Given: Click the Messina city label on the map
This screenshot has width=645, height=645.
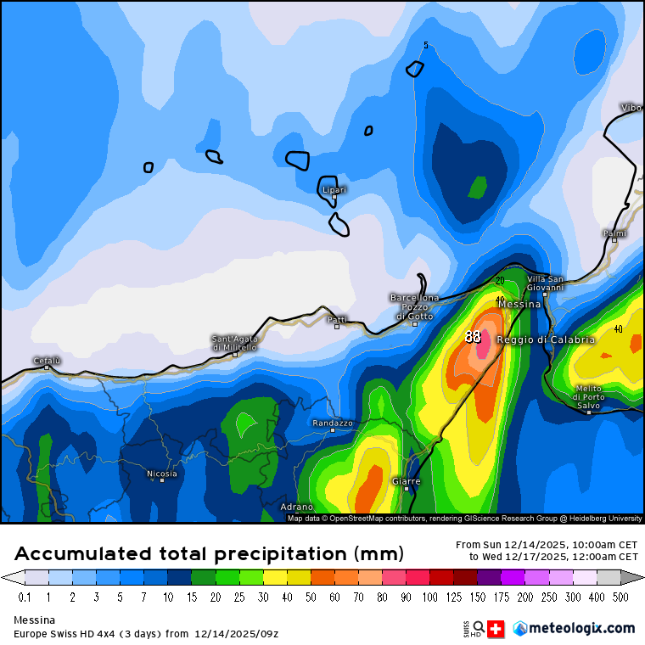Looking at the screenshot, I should tap(519, 304).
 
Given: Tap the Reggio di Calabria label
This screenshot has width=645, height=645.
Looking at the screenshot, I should tap(546, 339).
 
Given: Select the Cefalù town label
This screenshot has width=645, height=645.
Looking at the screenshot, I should tap(47, 361).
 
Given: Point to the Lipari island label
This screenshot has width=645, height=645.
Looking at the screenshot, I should tap(334, 190).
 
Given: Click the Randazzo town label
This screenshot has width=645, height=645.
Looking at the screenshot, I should tap(333, 423).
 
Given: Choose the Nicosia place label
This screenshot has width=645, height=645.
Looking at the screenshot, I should tap(162, 474).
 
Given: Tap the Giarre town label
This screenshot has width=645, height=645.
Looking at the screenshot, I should tap(406, 481).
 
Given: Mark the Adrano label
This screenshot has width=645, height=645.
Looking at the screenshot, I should tap(296, 507).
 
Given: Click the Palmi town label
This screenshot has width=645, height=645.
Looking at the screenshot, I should tap(614, 233).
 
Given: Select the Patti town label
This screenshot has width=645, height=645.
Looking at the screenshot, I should tap(337, 319).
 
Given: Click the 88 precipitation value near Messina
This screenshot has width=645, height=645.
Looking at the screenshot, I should tap(473, 337).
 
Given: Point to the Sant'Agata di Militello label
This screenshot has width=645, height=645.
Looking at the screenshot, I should tap(235, 343).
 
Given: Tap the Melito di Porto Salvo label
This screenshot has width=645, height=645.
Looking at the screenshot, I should tap(589, 397).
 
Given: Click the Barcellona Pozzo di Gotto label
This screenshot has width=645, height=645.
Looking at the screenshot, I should tap(414, 307).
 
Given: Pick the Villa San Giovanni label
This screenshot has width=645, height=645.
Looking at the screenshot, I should tap(545, 283).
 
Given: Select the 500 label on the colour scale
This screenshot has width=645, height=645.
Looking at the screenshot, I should tap(620, 597).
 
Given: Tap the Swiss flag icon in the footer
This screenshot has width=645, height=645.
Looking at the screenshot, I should tap(495, 629).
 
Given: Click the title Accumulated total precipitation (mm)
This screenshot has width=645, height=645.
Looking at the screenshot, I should tap(209, 554).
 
